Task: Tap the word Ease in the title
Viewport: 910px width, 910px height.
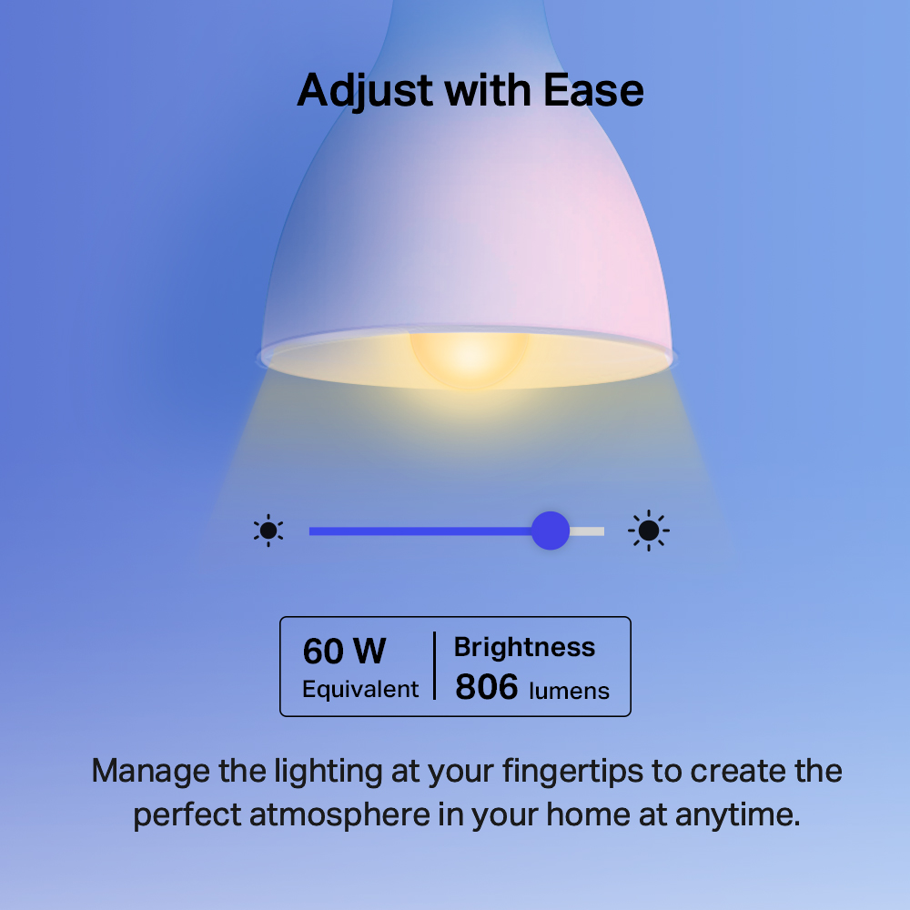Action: click(x=594, y=90)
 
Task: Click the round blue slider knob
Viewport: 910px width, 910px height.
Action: click(x=550, y=531)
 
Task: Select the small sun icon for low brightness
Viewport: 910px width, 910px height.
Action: click(x=268, y=531)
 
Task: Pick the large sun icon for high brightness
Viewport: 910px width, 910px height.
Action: click(x=649, y=531)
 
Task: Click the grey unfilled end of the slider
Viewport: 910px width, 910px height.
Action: click(x=588, y=531)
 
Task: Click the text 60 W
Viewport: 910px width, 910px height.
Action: click(x=344, y=652)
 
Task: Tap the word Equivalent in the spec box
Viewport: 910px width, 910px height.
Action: click(x=360, y=689)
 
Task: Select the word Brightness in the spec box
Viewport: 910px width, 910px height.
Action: click(x=524, y=647)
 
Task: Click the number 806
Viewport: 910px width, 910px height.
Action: click(x=486, y=688)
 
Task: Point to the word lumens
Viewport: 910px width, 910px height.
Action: click(x=569, y=691)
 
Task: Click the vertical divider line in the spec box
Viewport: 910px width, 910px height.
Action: click(x=434, y=666)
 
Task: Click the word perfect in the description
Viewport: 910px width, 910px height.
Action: click(x=187, y=814)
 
